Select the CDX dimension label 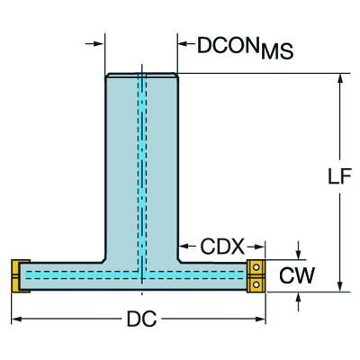coord(219,246)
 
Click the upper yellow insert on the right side coord(256,266)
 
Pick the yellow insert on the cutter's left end coord(16,275)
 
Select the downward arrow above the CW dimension coord(299,254)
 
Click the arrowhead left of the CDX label coord(183,245)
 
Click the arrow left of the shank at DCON coord(101,41)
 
